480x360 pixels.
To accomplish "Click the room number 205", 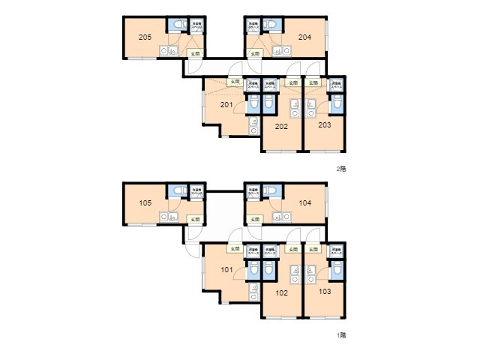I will [145, 37].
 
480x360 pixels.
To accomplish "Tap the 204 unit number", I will [304, 37].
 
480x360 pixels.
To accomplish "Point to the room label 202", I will [281, 127].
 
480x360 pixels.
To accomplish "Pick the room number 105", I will [145, 202].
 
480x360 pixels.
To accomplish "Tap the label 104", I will [304, 202].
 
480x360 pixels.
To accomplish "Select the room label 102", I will [281, 292].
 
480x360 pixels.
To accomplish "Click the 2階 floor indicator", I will [341, 169].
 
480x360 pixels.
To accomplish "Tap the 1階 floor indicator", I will [341, 335].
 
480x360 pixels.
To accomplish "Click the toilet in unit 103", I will [336, 269].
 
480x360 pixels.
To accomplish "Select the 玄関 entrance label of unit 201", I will [235, 81].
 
